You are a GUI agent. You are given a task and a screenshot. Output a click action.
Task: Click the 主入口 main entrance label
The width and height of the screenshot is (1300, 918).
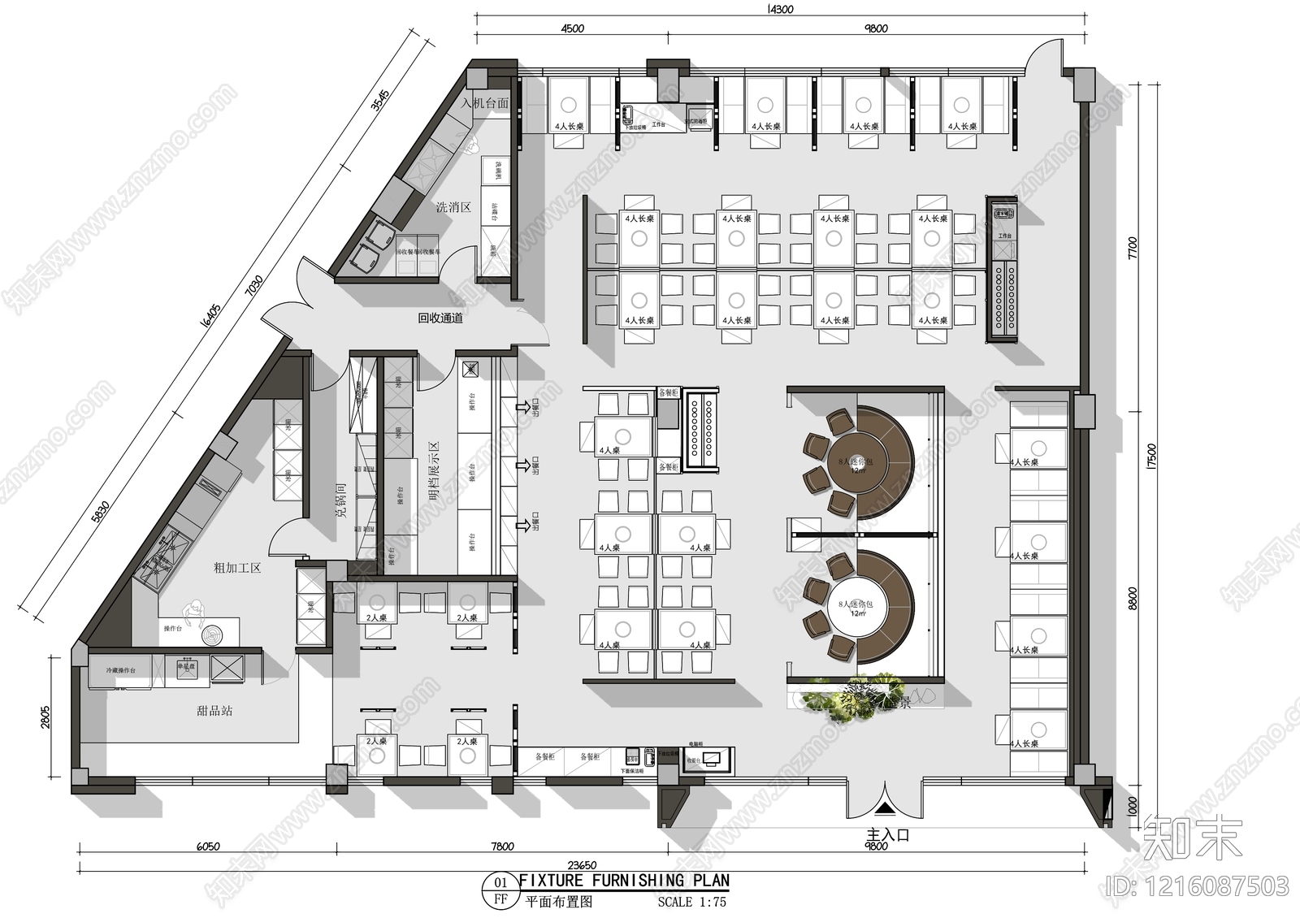tap(887, 834)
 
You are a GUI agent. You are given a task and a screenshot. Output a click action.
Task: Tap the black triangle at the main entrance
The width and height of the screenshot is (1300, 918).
tap(885, 808)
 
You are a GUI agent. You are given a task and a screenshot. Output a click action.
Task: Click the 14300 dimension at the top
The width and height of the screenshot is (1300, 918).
tap(778, 10)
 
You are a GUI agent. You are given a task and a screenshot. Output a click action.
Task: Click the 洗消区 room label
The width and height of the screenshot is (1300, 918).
tap(453, 207)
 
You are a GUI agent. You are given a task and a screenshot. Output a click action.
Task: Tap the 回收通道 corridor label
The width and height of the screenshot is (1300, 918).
tap(440, 318)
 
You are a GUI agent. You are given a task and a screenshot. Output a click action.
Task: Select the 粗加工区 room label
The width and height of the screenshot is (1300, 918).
tap(236, 568)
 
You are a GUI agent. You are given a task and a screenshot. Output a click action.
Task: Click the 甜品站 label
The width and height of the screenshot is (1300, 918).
tap(214, 710)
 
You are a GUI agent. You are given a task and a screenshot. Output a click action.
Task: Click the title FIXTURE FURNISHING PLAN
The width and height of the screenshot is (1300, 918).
tap(624, 881)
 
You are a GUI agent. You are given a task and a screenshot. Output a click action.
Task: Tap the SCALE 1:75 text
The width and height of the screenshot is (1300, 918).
tap(692, 902)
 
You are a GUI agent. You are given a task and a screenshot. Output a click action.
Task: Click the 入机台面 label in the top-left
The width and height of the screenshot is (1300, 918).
tap(485, 103)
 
